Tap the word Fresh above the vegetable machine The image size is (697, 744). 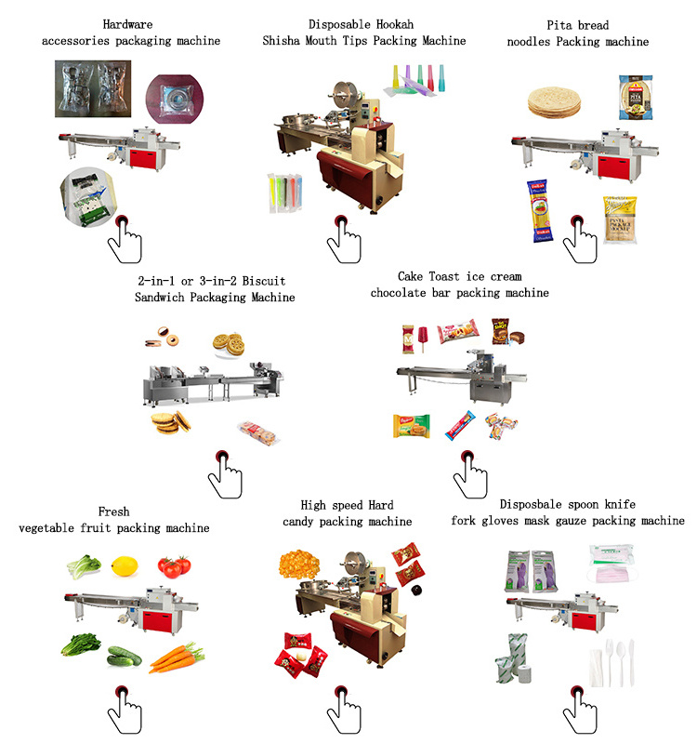(x=113, y=511)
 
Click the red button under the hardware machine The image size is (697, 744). (x=122, y=222)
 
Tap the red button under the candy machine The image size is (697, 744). (x=341, y=692)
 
